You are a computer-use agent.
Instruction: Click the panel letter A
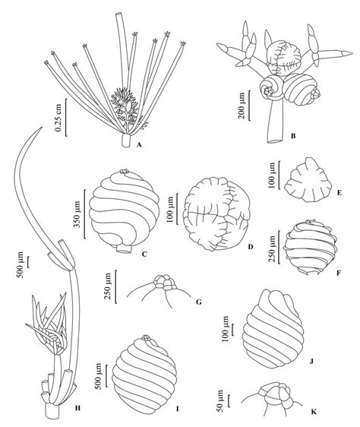tap(140, 144)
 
